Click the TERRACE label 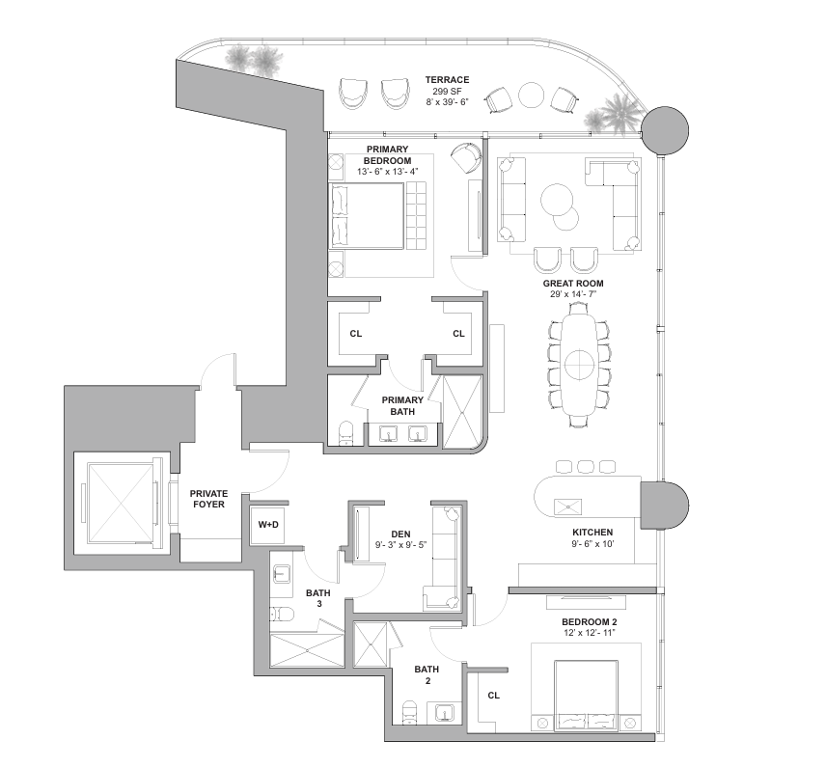coord(447,79)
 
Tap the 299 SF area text coord(447,91)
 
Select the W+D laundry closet coord(268,525)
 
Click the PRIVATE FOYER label coord(208,499)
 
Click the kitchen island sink coord(567,507)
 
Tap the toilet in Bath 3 coord(280,614)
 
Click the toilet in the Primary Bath coord(346,433)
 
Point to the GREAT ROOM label coord(573,284)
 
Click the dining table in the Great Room coord(580,364)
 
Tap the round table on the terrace coord(531,96)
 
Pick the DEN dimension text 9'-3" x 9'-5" coord(400,545)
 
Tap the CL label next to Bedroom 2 coord(493,696)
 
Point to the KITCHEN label coord(592,532)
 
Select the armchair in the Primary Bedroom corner coord(466,157)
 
